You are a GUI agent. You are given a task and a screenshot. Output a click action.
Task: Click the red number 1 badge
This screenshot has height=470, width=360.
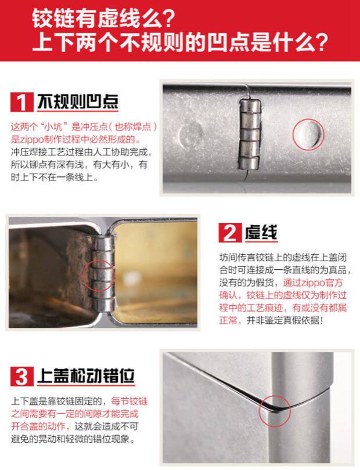pos(22,102)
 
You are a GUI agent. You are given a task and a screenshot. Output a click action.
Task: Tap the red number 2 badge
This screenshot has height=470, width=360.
pos(230,233)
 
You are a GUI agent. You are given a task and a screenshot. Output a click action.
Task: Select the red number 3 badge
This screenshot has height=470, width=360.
pos(22,376)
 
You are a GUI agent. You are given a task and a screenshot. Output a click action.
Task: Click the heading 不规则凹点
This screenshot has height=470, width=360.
pos(78,102)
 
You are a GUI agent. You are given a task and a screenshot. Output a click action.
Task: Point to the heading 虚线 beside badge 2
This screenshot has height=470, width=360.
pos(261,232)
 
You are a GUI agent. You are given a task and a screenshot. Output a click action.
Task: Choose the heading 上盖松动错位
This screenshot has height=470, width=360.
pos(86,376)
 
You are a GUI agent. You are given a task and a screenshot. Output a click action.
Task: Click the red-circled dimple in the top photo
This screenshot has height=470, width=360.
pos(308,134)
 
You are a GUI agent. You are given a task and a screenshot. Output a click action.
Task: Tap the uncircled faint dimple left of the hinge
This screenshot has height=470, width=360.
pos(190,135)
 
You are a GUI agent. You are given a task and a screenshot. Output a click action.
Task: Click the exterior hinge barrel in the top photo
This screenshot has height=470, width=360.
pos(250,133)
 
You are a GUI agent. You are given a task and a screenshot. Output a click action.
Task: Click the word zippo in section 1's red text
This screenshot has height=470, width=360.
pos(31,139)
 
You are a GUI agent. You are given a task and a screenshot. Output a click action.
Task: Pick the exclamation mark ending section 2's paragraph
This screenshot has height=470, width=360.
pos(322,320)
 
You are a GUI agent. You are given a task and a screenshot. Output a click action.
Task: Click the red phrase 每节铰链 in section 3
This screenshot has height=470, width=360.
pos(129,401)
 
